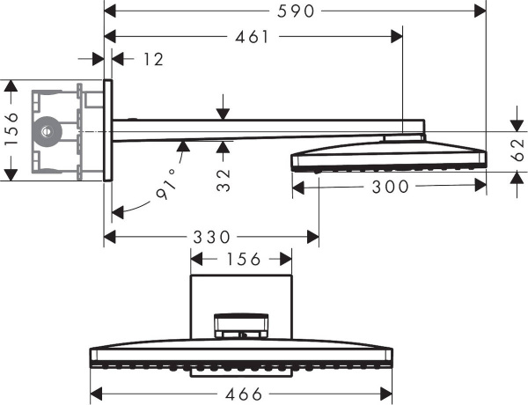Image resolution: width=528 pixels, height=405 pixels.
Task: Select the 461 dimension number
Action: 253,36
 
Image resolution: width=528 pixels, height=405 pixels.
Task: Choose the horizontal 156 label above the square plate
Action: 242,259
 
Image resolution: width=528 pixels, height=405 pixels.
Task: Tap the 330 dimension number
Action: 210,237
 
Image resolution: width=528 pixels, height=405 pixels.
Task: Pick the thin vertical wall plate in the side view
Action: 107,129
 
